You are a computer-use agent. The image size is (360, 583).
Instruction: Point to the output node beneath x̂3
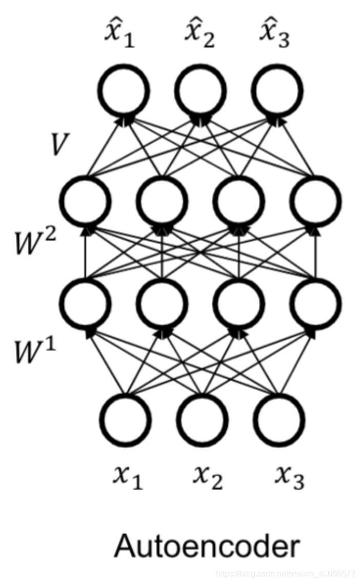point(277,92)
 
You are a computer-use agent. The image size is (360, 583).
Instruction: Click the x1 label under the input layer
point(128,479)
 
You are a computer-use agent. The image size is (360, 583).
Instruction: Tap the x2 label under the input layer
point(208,479)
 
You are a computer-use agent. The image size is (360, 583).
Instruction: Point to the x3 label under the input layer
point(289,479)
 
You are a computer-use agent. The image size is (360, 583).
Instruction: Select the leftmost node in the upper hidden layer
point(85,202)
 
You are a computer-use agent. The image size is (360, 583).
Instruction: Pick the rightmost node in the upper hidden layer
point(315,202)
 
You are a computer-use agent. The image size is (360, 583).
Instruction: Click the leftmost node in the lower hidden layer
point(85,303)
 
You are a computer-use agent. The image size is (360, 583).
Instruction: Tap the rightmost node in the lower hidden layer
point(315,303)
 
